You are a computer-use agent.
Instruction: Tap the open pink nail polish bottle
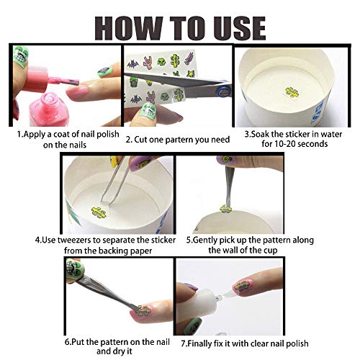[x=49, y=109]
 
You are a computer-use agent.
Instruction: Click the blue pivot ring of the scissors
[x=222, y=91]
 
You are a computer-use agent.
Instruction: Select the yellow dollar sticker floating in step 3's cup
[x=292, y=92]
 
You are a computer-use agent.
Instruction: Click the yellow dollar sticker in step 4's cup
[x=99, y=212]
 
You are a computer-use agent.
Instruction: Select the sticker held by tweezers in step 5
[x=225, y=209]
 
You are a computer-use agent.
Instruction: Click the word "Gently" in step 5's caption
[x=205, y=240]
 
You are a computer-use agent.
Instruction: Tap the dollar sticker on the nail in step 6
[x=144, y=310]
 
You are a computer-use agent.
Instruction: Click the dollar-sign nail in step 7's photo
[x=243, y=287]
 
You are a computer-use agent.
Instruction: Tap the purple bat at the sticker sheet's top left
[x=133, y=64]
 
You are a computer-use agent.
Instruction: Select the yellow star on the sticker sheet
[x=191, y=73]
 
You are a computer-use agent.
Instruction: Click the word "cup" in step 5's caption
[x=271, y=251]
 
